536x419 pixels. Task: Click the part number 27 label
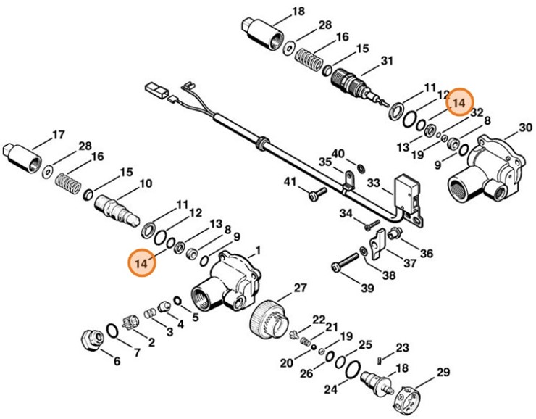(301, 289)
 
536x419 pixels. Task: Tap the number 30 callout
(525, 128)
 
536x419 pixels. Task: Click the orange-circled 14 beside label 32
(458, 104)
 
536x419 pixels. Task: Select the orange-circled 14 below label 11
(142, 262)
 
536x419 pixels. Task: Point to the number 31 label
(385, 60)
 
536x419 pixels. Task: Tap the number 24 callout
(330, 389)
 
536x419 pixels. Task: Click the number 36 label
(427, 254)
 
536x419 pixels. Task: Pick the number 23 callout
(402, 348)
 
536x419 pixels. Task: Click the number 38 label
(388, 275)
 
